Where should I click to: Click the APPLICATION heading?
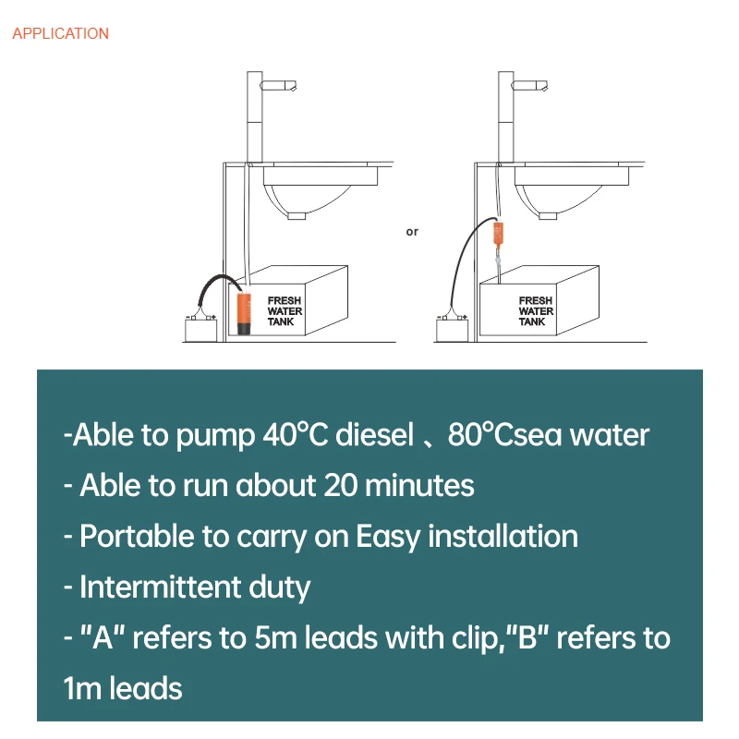coord(60,33)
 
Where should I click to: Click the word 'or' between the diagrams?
coord(412,232)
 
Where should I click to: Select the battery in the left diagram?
coord(200,329)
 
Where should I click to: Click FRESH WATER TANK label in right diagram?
coord(536,311)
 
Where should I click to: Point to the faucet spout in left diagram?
coord(281,85)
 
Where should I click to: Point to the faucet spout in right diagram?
coord(531,85)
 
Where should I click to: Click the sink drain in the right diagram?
coord(548,214)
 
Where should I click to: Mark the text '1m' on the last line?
coord(82,688)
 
